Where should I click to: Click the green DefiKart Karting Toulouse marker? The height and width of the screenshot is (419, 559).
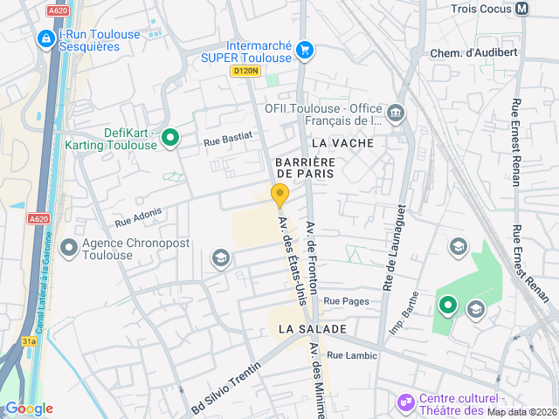[170, 137]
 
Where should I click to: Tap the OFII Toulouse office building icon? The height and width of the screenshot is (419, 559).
[396, 113]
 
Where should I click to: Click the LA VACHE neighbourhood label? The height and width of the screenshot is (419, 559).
[342, 143]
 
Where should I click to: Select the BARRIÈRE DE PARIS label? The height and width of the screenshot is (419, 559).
[305, 168]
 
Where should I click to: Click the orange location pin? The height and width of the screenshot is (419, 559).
[279, 196]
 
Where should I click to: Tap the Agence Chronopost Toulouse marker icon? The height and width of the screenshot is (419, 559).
[68, 249]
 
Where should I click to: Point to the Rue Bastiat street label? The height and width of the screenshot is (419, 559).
[228, 137]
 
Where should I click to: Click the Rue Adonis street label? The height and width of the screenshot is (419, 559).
[138, 216]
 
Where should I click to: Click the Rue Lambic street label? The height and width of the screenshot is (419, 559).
[352, 355]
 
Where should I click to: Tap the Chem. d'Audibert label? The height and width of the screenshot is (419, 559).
[474, 52]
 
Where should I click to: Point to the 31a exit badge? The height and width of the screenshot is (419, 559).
[29, 340]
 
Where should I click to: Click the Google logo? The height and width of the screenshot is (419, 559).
[29, 409]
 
